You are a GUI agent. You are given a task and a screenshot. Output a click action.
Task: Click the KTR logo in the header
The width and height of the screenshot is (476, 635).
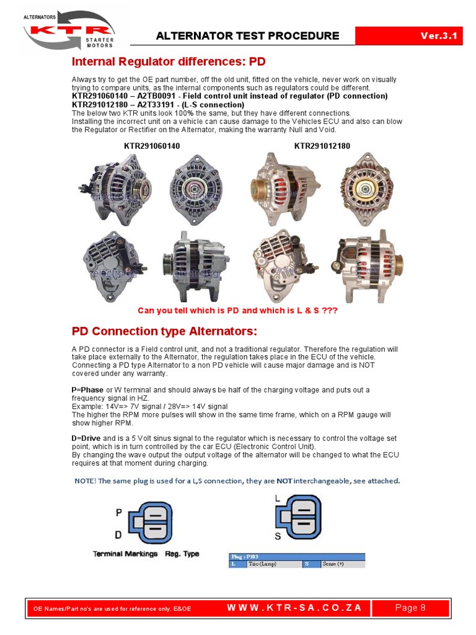(x=68, y=31)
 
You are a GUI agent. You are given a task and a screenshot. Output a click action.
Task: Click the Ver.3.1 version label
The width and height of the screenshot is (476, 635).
(x=438, y=35)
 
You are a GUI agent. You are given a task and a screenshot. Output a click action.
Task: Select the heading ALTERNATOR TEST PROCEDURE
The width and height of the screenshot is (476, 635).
(x=247, y=36)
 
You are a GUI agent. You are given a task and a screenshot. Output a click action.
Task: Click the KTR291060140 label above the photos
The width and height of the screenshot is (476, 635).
(x=152, y=146)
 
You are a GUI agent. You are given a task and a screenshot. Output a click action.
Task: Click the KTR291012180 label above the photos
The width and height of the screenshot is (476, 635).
(x=322, y=146)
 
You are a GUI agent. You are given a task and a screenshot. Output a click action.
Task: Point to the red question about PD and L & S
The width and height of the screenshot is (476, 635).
(x=237, y=310)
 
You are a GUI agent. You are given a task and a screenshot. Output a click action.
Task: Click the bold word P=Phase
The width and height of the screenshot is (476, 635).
(x=87, y=389)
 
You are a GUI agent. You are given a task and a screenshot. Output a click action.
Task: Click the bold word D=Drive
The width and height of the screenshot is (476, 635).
(x=87, y=438)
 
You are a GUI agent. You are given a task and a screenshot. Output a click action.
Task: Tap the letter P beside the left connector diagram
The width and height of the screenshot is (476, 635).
(x=118, y=513)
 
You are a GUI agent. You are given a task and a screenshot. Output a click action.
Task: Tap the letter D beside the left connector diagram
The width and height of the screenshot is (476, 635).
(x=118, y=535)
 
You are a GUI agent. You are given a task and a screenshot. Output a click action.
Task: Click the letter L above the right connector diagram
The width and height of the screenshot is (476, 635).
(x=277, y=498)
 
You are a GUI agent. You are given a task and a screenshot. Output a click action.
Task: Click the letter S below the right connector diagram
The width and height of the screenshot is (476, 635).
(x=277, y=536)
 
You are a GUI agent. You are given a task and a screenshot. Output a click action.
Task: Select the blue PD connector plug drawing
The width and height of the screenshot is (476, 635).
(x=152, y=522)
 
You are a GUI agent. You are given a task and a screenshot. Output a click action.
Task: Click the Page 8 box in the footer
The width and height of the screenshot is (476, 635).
(x=410, y=608)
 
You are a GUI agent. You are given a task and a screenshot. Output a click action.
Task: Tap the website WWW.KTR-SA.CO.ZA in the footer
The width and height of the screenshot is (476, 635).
(x=294, y=608)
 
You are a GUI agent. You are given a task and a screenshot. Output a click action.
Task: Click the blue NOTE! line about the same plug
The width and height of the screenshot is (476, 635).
(x=237, y=481)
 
